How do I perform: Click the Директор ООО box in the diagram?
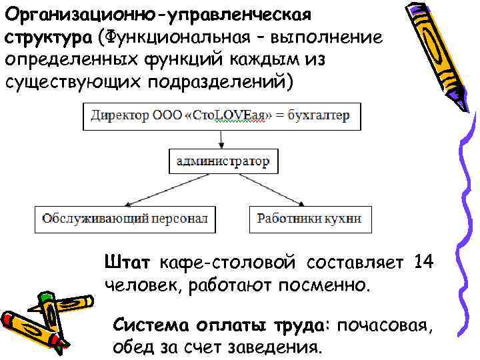click(221, 116)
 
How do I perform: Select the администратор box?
click(222, 161)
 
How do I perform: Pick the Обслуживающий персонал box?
click(125, 219)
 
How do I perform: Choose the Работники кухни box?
click(309, 219)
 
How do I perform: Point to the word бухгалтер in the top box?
click(319, 116)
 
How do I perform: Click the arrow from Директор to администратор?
click(221, 139)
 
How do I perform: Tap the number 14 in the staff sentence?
click(423, 262)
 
